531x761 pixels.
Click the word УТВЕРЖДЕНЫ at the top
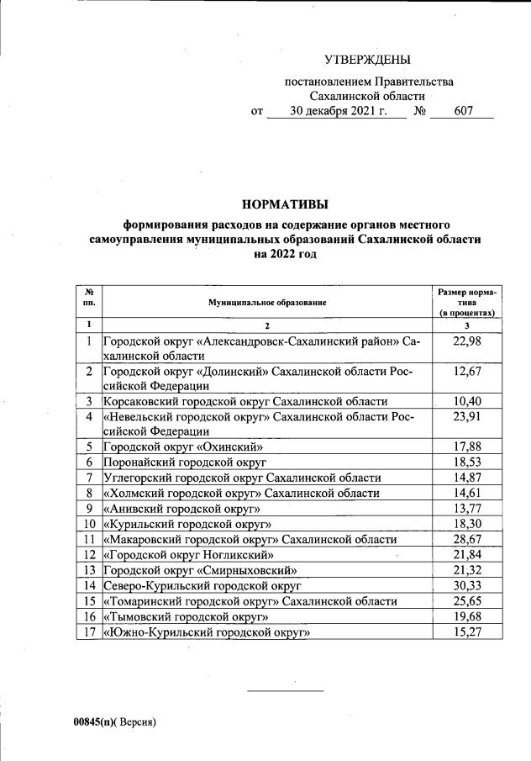[x=368, y=60]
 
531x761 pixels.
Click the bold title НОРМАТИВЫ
[x=285, y=203]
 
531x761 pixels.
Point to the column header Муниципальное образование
[x=267, y=301]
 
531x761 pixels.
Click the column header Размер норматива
[x=466, y=301]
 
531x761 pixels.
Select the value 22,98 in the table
[x=466, y=341]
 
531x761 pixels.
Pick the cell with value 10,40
[x=466, y=401]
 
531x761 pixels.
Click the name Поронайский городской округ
[x=185, y=462]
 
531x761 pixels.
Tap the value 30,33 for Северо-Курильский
[x=466, y=584]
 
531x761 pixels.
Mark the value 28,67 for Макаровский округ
[x=466, y=539]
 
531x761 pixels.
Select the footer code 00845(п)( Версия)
[x=114, y=721]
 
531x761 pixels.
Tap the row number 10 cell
[x=88, y=524]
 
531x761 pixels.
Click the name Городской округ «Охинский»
[x=183, y=447]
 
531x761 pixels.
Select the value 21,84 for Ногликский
[x=466, y=554]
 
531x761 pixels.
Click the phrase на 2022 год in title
[x=285, y=253]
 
